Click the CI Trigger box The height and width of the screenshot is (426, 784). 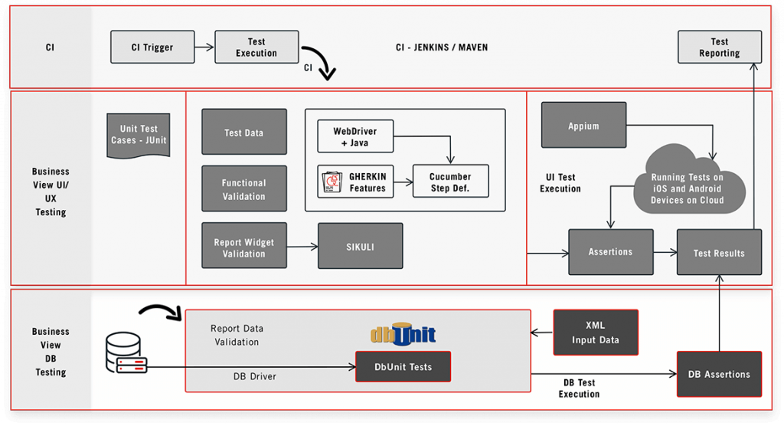pyautogui.click(x=152, y=47)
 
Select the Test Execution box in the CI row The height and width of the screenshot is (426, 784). pyautogui.click(x=256, y=47)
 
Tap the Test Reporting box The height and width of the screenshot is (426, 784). pyautogui.click(x=720, y=47)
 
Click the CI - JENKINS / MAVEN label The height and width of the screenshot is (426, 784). pyautogui.click(x=442, y=47)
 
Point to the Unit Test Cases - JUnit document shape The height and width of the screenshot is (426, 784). pyautogui.click(x=139, y=136)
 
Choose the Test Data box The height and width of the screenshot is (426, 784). pyautogui.click(x=243, y=133)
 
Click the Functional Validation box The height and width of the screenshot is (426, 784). pyautogui.click(x=243, y=189)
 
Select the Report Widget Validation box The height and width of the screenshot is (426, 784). pyautogui.click(x=243, y=247)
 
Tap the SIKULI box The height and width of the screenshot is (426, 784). pyautogui.click(x=360, y=247)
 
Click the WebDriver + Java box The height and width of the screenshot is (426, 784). pyautogui.click(x=355, y=136)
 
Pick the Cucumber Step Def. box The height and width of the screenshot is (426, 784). pyautogui.click(x=450, y=182)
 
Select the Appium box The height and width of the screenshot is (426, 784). pyautogui.click(x=583, y=125)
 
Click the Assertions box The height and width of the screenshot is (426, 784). pyautogui.click(x=610, y=252)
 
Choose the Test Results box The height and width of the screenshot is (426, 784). pyautogui.click(x=719, y=252)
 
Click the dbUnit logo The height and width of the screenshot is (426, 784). pyautogui.click(x=403, y=334)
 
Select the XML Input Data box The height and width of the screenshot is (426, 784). pyautogui.click(x=596, y=333)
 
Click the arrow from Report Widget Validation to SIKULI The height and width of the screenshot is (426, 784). pyautogui.click(x=302, y=247)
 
